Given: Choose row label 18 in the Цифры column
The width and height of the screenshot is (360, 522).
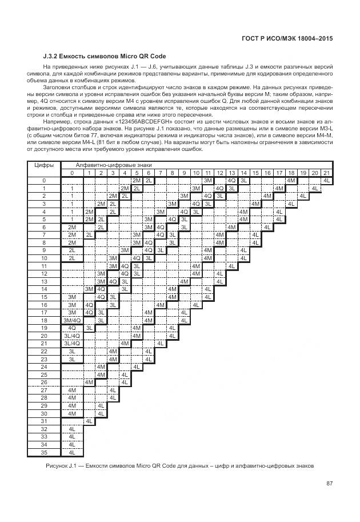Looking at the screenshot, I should click(44, 321).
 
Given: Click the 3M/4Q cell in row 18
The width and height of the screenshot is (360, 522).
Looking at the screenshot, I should click(72, 321).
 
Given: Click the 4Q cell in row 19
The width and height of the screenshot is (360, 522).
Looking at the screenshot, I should click(72, 328).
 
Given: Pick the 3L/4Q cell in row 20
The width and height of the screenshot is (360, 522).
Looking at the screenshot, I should click(72, 336).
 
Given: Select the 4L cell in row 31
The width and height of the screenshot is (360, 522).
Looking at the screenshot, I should click(89, 421).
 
